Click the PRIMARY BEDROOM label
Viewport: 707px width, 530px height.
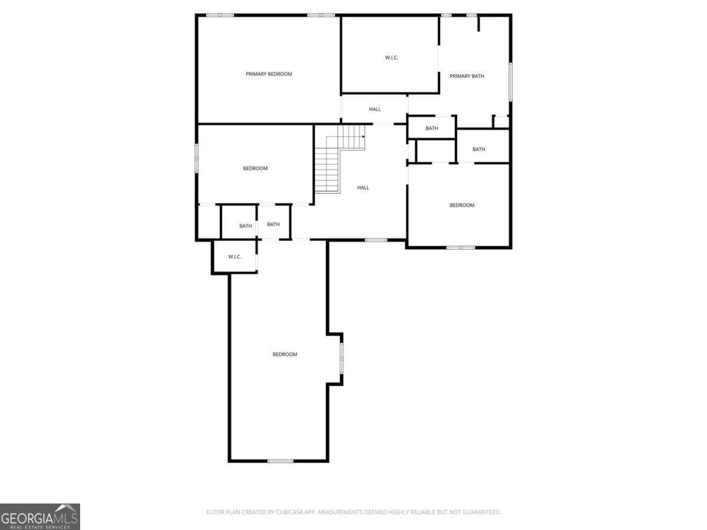pos(269,74)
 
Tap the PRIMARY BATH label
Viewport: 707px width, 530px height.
pos(467,76)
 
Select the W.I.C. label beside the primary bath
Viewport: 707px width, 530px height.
pos(392,57)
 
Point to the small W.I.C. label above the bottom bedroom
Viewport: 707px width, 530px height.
pos(234,257)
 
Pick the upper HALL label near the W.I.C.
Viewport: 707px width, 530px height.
pos(375,109)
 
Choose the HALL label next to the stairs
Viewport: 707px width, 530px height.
pos(363,188)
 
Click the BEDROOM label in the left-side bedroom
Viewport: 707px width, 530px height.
pos(255,168)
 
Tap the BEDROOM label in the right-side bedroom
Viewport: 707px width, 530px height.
pos(462,206)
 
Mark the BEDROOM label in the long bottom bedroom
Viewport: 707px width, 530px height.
pos(285,355)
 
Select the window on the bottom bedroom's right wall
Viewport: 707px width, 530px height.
pos(342,359)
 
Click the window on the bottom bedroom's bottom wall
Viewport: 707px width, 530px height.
pos(280,461)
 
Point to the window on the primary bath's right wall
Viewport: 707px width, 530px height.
pos(510,81)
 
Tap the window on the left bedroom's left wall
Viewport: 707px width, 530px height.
pos(197,158)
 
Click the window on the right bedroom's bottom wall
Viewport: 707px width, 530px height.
pos(461,247)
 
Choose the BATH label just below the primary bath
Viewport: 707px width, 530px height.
pos(432,128)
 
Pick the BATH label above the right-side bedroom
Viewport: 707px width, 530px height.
pos(478,150)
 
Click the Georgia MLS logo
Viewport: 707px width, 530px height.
pos(40,516)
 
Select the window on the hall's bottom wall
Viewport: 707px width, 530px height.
pos(376,240)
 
